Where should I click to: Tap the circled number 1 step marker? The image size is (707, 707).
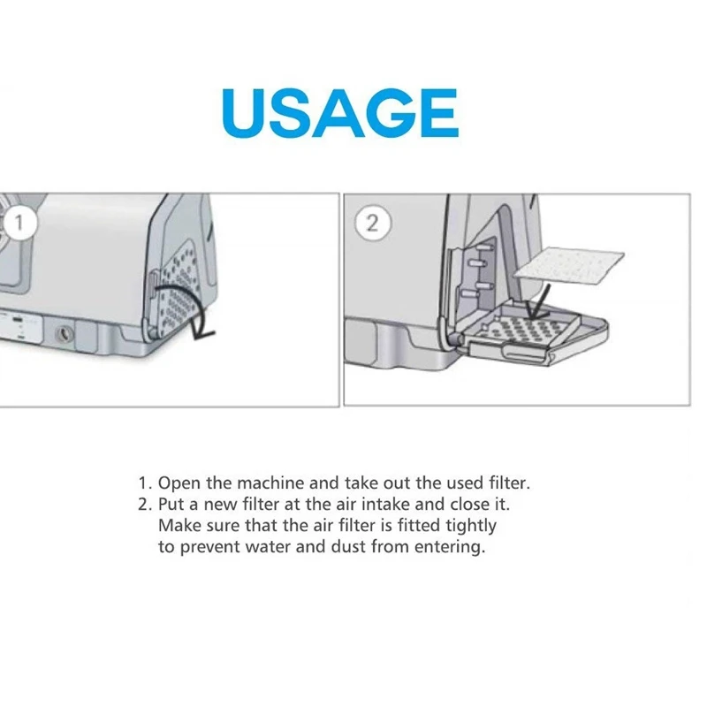[19, 223]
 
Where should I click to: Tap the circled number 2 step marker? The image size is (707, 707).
[372, 223]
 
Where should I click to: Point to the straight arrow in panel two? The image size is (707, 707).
[537, 300]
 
